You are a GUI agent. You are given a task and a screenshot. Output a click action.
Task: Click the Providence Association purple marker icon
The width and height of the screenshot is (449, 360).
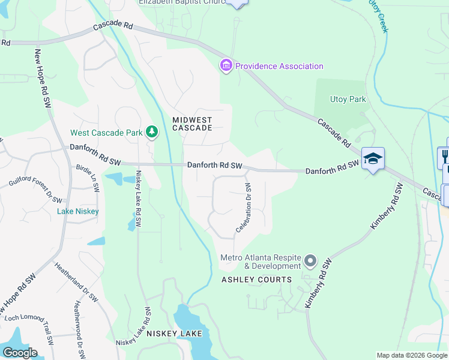click(226, 65)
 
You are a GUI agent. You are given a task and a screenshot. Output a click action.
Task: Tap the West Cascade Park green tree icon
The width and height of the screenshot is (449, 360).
click(152, 132)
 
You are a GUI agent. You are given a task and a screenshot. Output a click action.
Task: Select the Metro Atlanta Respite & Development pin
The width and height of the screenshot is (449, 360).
click(310, 261)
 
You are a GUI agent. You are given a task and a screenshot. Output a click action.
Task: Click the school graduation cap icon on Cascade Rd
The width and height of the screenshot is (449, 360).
click(373, 158)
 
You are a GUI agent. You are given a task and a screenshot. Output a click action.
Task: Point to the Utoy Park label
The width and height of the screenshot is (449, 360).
click(348, 99)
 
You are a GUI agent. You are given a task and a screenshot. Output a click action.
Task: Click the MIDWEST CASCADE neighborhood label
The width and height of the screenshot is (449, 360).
click(192, 124)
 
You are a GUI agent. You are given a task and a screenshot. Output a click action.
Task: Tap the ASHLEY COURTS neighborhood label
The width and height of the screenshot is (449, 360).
click(256, 280)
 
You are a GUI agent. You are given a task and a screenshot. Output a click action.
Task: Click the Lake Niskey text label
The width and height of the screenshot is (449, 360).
click(77, 211)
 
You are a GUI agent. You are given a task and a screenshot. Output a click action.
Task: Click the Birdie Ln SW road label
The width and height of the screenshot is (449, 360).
click(87, 179)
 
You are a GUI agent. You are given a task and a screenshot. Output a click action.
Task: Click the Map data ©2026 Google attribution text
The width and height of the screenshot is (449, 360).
click(412, 355)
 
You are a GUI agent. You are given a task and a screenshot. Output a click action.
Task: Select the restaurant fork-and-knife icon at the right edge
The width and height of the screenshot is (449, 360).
click(445, 154)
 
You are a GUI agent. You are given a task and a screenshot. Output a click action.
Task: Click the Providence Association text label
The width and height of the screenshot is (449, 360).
click(279, 66)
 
